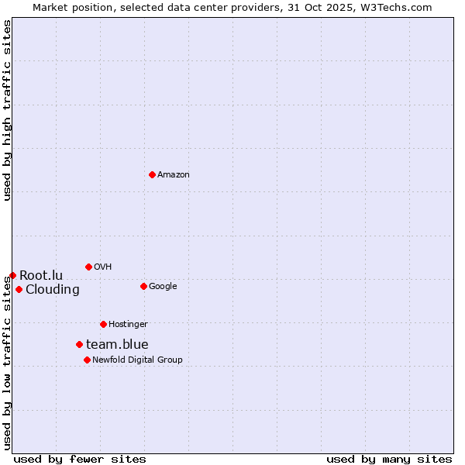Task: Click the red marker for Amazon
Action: point(152,174)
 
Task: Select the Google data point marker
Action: point(143,286)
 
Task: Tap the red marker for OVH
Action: point(88,267)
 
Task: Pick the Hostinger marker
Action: point(103,324)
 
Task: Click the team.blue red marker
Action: point(79,344)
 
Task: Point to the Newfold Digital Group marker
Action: point(87,360)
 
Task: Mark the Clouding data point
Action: point(19,290)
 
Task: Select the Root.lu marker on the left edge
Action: point(12,275)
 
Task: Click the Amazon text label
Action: point(174,175)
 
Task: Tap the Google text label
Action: point(163,287)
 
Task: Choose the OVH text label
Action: point(103,267)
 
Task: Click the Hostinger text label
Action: point(128,325)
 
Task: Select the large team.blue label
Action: point(117,345)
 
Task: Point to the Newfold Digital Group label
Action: point(137,360)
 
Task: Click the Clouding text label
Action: point(53,290)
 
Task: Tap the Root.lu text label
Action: point(41,276)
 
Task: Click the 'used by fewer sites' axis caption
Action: point(80,460)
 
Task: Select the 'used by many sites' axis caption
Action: point(389,460)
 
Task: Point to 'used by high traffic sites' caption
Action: point(8,110)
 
